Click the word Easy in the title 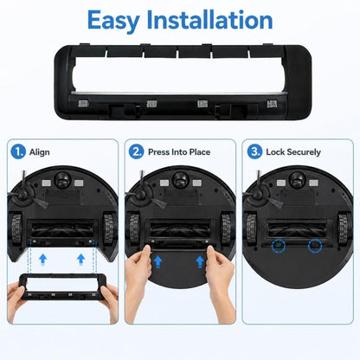pyautogui.click(x=113, y=21)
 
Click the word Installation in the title pyautogui.click(x=209, y=20)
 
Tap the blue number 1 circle pyautogui.click(x=18, y=151)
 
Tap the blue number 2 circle pyautogui.click(x=136, y=151)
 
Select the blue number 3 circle pyautogui.click(x=255, y=151)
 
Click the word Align pyautogui.click(x=39, y=152)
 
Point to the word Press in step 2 pyautogui.click(x=158, y=152)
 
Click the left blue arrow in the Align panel pyautogui.click(x=43, y=259)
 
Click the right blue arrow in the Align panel pyautogui.click(x=81, y=259)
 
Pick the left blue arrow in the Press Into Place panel pyautogui.click(x=157, y=262)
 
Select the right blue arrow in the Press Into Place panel pyautogui.click(x=200, y=262)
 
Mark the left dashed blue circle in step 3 pyautogui.click(x=279, y=246)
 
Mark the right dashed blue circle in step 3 pyautogui.click(x=315, y=246)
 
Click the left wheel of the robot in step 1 pyautogui.click(x=16, y=228)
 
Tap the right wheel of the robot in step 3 pyautogui.click(x=344, y=228)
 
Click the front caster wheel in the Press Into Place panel pyautogui.click(x=180, y=180)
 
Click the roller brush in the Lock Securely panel pyautogui.click(x=297, y=228)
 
